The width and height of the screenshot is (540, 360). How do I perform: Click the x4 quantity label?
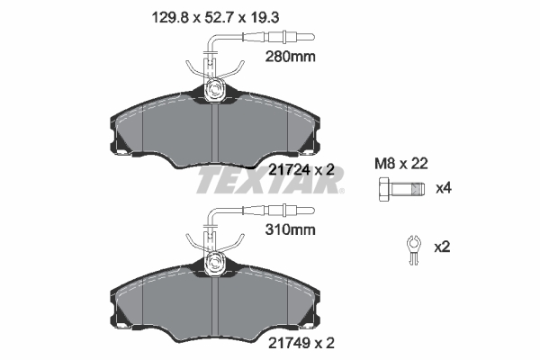click(x=442, y=190)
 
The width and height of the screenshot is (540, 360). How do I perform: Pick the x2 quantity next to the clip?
click(x=442, y=245)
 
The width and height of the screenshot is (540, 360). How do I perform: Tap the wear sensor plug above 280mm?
click(x=288, y=37)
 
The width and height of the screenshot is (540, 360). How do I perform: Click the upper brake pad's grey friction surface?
click(x=162, y=130)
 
